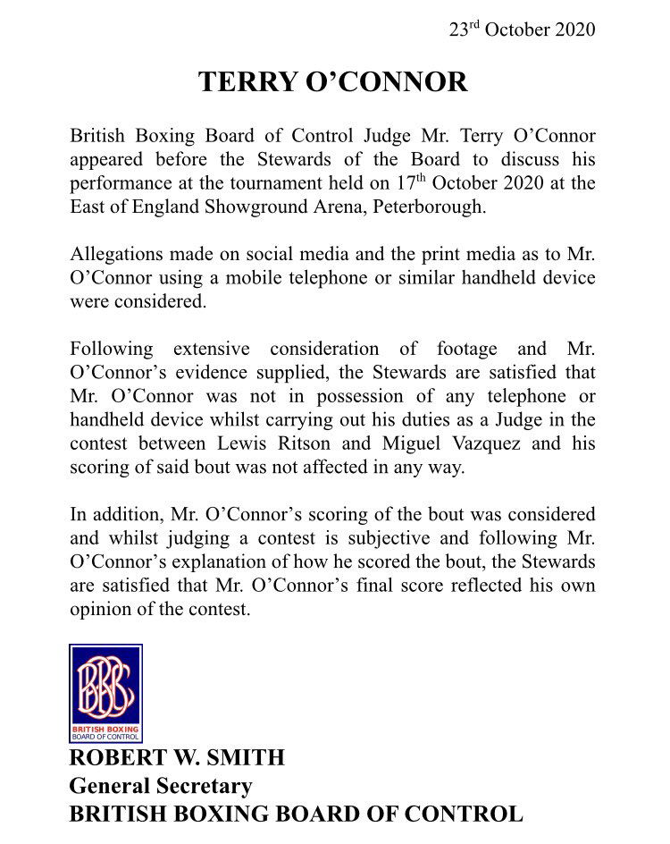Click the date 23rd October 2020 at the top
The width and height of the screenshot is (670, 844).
[522, 29]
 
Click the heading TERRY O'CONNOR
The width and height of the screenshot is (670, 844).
[332, 82]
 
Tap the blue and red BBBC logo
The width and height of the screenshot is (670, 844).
[105, 693]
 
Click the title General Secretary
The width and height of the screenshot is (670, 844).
[161, 787]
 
